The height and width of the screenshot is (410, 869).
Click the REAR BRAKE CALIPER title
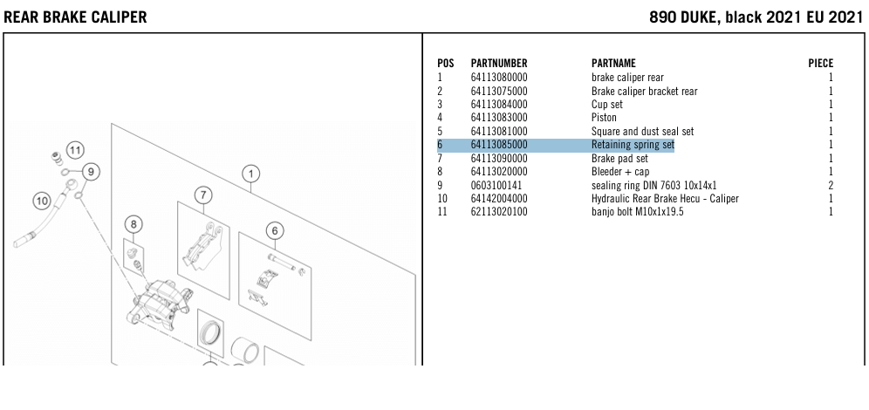[75, 17]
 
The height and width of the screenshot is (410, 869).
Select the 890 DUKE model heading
[756, 17]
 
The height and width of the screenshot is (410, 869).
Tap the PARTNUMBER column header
[498, 64]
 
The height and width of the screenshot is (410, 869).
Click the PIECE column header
[820, 64]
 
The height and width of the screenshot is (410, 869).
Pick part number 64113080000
[498, 78]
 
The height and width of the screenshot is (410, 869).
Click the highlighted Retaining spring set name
[633, 145]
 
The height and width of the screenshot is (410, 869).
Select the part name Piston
[604, 118]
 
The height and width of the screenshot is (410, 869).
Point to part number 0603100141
[496, 185]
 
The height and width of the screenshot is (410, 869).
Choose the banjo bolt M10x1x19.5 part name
[637, 212]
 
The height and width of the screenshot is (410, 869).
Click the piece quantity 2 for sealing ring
[831, 185]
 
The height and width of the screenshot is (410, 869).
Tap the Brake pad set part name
[619, 159]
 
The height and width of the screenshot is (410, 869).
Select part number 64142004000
[498, 199]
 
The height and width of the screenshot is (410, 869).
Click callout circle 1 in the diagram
[250, 173]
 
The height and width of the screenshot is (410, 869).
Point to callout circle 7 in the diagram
[202, 194]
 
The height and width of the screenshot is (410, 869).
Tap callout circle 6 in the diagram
[274, 230]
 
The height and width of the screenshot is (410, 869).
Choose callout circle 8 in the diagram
[133, 224]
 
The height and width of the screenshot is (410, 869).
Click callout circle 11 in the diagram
[75, 149]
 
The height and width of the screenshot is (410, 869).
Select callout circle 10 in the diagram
[41, 202]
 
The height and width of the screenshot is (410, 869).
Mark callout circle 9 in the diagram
[91, 171]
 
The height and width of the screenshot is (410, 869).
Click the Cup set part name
[606, 105]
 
